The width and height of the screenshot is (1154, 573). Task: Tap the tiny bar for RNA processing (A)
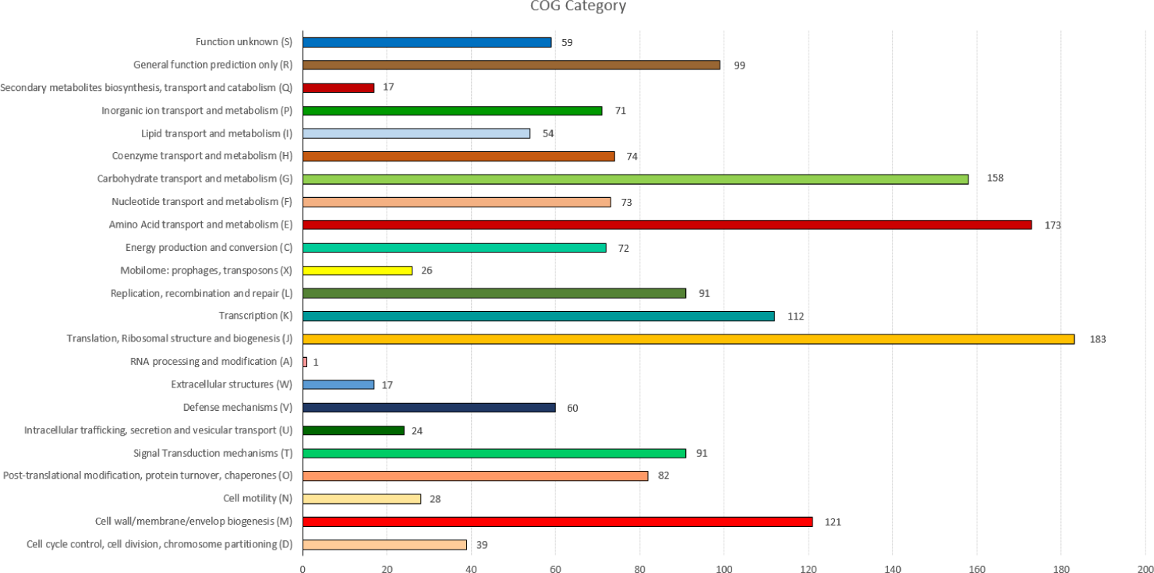[305, 362]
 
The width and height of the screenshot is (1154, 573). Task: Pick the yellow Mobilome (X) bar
[357, 271]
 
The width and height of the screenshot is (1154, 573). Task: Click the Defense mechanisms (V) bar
[429, 407]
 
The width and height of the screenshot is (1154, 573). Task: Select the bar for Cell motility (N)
[362, 499]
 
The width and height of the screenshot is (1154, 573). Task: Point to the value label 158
[995, 178]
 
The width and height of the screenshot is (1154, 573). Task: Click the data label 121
[833, 522]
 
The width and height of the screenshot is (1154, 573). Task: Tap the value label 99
[739, 65]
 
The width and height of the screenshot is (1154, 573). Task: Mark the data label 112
[795, 317]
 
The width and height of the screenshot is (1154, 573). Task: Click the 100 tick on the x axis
[724, 569]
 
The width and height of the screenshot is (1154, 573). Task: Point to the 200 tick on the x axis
[1145, 569]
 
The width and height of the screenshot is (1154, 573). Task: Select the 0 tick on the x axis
[303, 569]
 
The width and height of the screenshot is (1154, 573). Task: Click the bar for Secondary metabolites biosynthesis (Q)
[338, 87]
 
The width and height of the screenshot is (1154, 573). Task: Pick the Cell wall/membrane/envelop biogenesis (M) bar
[558, 522]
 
